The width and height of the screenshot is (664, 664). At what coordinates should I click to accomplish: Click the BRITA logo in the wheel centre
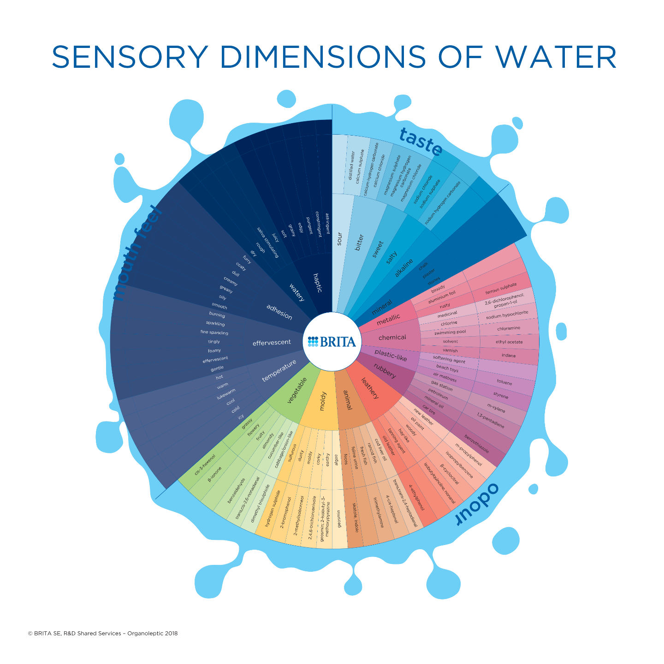coord(332,342)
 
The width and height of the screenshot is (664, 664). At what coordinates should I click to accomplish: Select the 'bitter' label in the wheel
coord(360,242)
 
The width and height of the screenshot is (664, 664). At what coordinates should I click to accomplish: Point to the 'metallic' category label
coord(388,320)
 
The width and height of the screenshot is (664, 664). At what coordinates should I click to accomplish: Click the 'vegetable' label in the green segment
coord(297,390)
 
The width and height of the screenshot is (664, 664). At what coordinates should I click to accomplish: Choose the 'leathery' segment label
coord(370,388)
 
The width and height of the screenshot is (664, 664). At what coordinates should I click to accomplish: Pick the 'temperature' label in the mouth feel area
coord(279,371)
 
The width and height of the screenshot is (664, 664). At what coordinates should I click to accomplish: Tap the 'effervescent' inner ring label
coord(272,343)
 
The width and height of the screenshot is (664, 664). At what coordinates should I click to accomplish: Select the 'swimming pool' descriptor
coord(450,332)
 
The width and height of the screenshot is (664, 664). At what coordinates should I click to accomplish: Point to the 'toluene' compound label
coord(504,382)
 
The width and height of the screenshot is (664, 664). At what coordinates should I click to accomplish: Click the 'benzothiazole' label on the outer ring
coord(476,444)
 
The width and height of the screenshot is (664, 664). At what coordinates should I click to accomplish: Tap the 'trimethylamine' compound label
coord(379,512)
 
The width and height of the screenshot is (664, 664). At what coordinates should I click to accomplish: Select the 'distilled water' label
coord(352,166)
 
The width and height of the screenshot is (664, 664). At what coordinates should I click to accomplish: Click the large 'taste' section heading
coord(420,142)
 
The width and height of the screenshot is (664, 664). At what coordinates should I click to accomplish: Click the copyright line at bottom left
coord(103,634)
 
